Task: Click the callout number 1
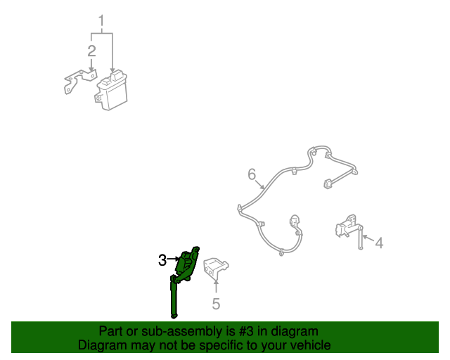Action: coord(101,21)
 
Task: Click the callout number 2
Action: coord(91,51)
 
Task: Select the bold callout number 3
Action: coord(162,260)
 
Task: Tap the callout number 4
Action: coord(380,243)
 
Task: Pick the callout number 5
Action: coord(216,304)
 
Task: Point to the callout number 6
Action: coord(252,174)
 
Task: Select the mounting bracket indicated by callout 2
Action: coord(79,81)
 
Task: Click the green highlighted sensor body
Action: coord(187,263)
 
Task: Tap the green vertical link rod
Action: coord(174,297)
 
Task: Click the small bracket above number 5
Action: coord(215,268)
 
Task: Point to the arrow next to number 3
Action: coord(174,259)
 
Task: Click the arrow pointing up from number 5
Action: coord(216,286)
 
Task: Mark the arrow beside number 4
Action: coord(368,238)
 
